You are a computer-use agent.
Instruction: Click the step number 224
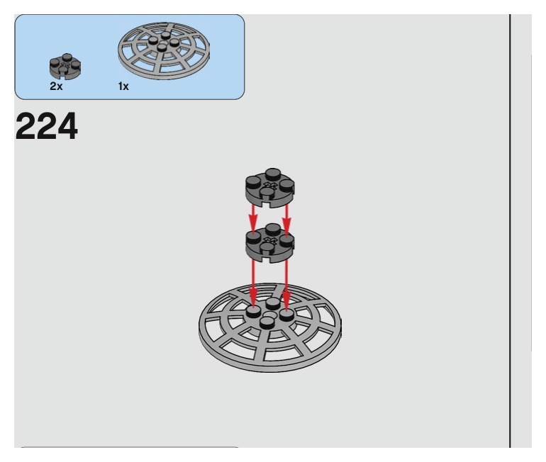[x=47, y=127]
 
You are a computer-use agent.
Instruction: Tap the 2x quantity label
[x=56, y=86]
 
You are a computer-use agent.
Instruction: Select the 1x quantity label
[x=123, y=86]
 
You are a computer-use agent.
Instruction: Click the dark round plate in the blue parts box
[x=65, y=66]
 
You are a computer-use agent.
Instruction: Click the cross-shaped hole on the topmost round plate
[x=271, y=186]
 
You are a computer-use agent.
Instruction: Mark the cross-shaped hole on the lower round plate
[x=271, y=241]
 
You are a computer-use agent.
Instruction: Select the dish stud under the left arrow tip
[x=253, y=312]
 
